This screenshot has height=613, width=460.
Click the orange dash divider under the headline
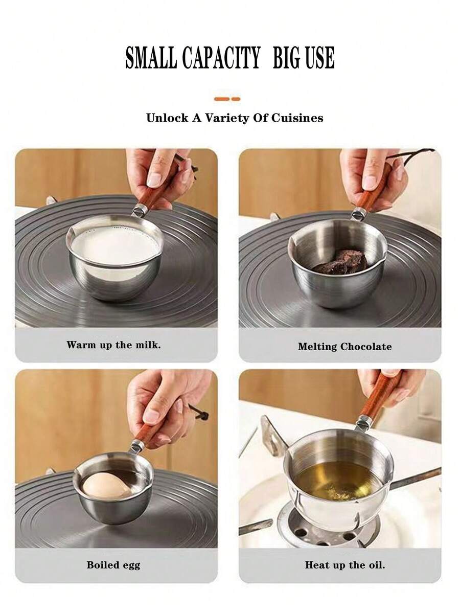point(227,98)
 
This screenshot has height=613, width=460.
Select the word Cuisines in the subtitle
point(298,118)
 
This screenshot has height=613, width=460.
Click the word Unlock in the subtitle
point(167,118)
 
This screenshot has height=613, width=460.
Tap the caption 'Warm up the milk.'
point(113,345)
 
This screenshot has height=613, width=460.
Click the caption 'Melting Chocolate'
point(344,347)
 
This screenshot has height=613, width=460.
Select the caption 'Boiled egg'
point(113,565)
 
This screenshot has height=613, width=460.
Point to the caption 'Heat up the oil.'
point(344,565)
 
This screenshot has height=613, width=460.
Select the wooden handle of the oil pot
point(380,396)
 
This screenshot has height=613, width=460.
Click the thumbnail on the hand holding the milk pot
point(154,179)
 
